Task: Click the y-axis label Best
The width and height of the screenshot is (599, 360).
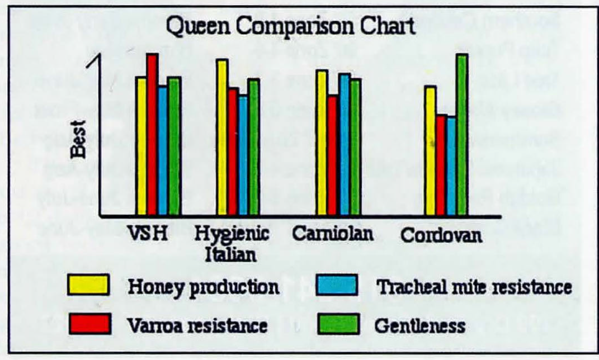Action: click(78, 139)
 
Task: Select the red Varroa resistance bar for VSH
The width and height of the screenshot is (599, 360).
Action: click(152, 134)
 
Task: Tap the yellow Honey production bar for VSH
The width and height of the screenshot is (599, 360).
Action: click(141, 146)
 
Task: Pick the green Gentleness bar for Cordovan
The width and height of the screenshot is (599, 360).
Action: click(461, 134)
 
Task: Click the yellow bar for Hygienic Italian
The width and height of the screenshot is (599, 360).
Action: click(222, 137)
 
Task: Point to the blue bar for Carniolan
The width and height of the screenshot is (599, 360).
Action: click(345, 144)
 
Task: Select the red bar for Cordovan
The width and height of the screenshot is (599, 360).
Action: click(441, 165)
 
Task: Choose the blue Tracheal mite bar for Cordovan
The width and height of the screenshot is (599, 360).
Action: click(451, 166)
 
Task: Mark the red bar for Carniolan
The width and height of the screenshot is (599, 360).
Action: click(333, 155)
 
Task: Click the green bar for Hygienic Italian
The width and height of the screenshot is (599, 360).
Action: click(254, 147)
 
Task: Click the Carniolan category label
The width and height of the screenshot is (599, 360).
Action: click(333, 234)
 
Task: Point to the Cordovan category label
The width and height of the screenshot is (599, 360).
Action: click(441, 235)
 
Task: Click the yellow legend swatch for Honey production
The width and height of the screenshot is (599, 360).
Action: click(88, 285)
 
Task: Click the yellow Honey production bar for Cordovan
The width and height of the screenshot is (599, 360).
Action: click(430, 150)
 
